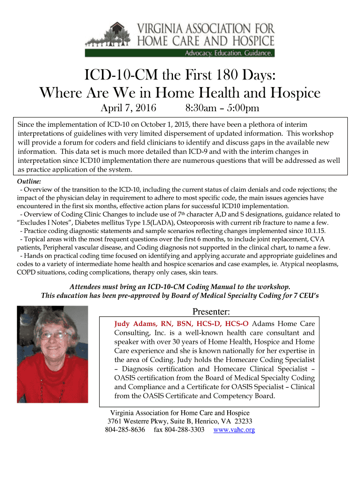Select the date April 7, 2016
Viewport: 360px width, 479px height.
click(x=129, y=109)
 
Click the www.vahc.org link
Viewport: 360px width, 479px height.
click(x=234, y=429)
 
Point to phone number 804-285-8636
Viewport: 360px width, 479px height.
click(x=125, y=429)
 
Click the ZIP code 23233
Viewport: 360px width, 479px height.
click(x=243, y=421)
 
